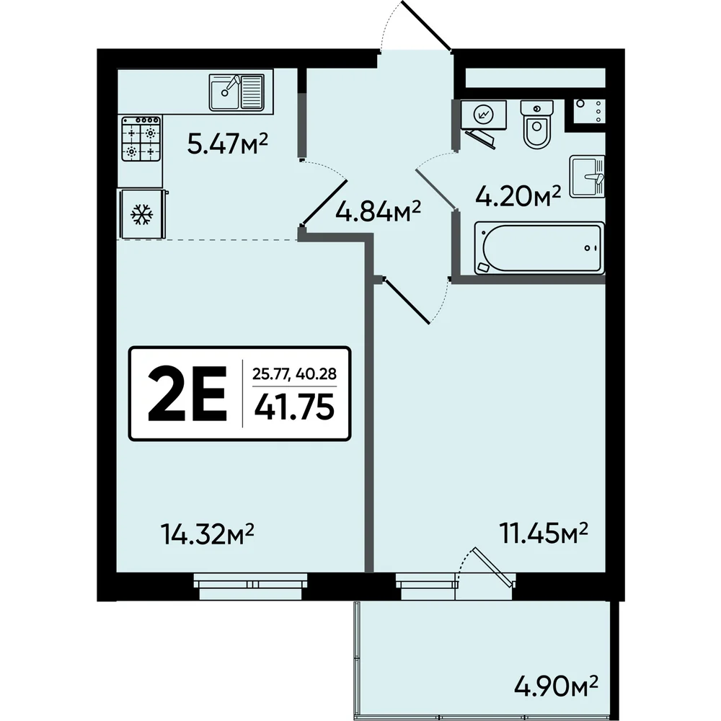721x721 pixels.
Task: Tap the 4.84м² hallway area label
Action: pos(378,211)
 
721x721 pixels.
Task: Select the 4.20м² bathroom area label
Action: pos(518,196)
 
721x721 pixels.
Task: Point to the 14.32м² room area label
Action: pos(208,534)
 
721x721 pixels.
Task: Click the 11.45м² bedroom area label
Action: pos(544,533)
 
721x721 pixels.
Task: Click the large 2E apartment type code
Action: pos(187,394)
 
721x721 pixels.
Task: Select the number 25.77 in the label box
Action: pos(270,373)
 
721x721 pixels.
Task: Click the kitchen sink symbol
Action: pos(236,92)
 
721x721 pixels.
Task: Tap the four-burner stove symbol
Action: pos(141,138)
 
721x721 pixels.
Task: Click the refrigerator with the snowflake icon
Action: pos(143,214)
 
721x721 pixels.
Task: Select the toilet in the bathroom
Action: pos(536,124)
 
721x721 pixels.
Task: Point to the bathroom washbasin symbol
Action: pos(587,177)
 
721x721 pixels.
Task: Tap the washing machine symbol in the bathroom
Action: pos(483,114)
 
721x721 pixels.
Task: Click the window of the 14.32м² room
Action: pos(250,586)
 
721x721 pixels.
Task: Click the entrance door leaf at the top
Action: pos(426,25)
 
